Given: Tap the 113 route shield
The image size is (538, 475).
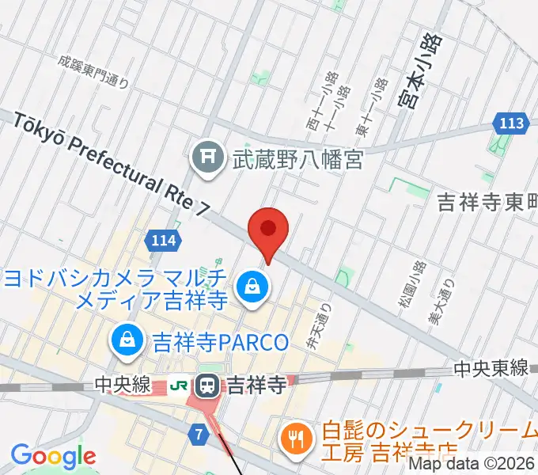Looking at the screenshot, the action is (x=512, y=123).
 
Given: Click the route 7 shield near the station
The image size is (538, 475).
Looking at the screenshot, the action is (x=200, y=433).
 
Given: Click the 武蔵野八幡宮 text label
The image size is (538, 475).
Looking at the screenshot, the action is (x=297, y=160).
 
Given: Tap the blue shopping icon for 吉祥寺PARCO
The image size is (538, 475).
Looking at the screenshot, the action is (x=127, y=341).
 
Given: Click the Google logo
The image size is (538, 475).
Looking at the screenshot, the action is (x=53, y=456).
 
